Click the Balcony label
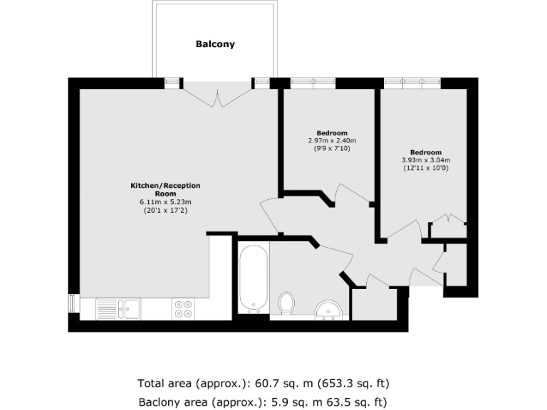point(215,44)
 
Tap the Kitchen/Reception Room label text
point(165,189)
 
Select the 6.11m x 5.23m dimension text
point(165,202)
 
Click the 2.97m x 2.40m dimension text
point(332,141)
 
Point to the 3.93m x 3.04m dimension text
point(426,160)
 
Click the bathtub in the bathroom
point(253,279)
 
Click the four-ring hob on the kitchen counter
point(182,308)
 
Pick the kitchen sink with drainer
point(118,308)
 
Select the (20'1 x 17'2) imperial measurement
point(165,210)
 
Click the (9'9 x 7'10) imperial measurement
point(332,148)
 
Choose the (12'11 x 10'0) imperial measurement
point(426,168)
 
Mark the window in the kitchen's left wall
point(72,303)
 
